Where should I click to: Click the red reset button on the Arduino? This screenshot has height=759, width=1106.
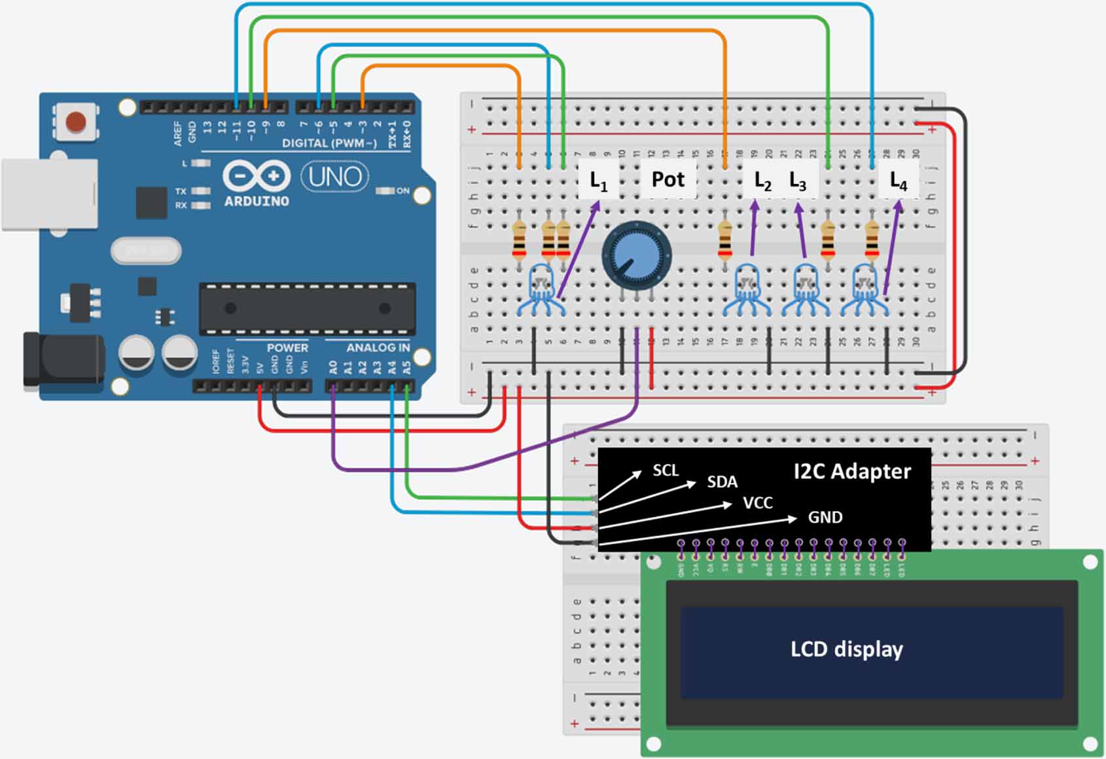click(x=76, y=122)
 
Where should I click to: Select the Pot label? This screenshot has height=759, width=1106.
click(x=668, y=179)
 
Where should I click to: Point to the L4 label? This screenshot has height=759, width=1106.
click(x=899, y=181)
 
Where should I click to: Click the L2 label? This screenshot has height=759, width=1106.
click(x=762, y=181)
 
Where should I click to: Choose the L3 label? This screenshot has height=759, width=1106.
click(x=798, y=181)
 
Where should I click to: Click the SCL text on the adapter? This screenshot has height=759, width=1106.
click(x=666, y=470)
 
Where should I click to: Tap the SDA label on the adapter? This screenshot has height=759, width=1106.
click(x=722, y=482)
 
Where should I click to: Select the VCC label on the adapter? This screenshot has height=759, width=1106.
click(x=758, y=503)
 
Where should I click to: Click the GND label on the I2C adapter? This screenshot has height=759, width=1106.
click(x=825, y=518)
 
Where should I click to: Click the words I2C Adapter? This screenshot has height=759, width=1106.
click(x=851, y=471)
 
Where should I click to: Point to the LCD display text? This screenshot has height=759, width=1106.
click(x=846, y=649)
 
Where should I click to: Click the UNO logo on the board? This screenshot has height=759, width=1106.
click(x=334, y=177)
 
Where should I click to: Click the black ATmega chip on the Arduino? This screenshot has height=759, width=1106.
click(x=308, y=308)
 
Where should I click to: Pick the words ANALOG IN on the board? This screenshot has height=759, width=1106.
click(x=378, y=347)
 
